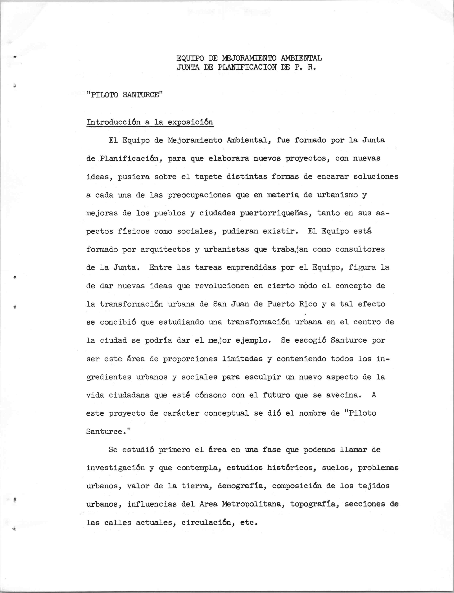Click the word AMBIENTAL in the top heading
(x=301, y=58)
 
